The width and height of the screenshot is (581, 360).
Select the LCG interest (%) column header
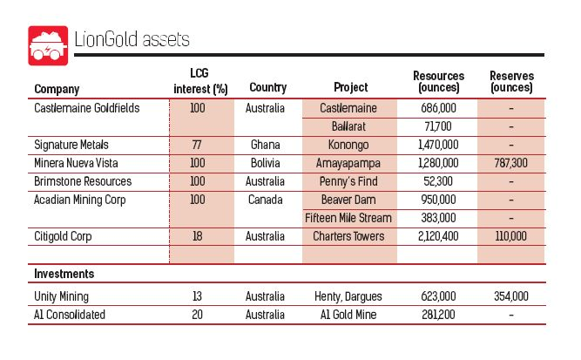point(197,82)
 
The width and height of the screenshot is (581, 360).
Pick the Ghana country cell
point(267,145)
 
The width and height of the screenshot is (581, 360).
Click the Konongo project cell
point(349,145)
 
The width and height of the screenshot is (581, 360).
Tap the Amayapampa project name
point(349,163)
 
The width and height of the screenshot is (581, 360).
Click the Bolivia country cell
point(267,163)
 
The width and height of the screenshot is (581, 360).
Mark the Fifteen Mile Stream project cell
point(349,217)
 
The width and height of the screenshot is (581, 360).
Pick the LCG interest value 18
point(197,236)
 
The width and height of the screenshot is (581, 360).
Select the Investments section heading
point(64,274)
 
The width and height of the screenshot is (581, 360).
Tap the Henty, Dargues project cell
point(349,296)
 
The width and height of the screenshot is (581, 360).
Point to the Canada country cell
point(267,200)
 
